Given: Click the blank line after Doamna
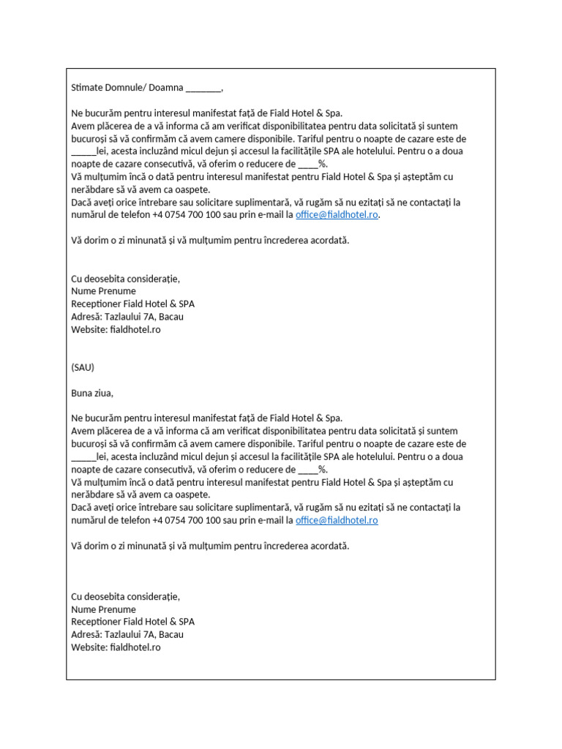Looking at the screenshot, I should tap(203, 89).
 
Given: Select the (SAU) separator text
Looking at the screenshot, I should tap(83, 367).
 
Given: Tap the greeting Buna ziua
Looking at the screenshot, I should tap(92, 393).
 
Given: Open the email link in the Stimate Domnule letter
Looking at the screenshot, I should tap(337, 215).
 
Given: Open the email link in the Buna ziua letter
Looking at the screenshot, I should tap(337, 520).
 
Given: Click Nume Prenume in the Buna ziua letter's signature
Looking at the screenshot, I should tap(103, 609).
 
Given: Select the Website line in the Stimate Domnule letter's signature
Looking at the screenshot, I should tap(116, 329).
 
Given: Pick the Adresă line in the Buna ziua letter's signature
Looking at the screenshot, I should tap(127, 634).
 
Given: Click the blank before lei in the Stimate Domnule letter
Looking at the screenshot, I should tap(83, 152).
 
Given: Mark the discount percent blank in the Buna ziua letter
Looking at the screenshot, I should tap(308, 470).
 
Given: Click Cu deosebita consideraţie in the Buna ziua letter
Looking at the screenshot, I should tap(125, 596).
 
